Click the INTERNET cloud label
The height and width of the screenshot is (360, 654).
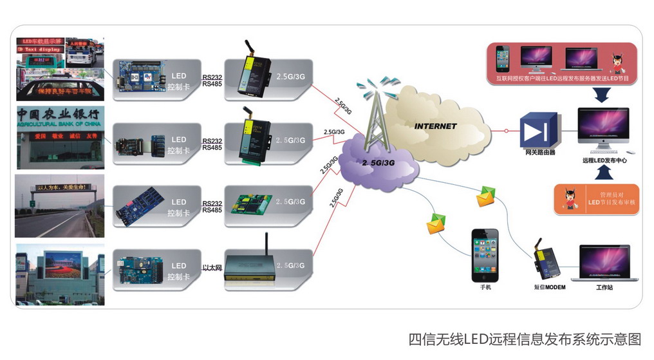point(435,126)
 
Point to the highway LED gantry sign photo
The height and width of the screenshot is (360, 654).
point(60,205)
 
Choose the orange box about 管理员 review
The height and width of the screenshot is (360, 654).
point(596,200)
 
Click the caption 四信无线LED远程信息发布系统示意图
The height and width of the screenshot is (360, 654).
point(524,339)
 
